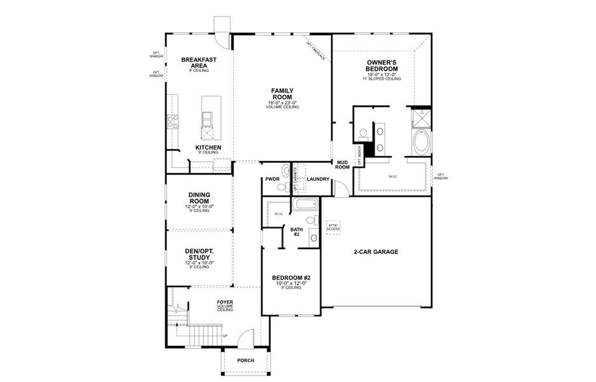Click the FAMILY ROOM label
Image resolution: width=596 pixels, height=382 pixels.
282,94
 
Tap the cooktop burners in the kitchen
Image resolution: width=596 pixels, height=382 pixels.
172,121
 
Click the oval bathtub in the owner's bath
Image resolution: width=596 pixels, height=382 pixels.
421,142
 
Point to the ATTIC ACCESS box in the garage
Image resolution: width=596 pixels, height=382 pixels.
334,227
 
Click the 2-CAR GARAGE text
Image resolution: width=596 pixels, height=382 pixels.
376,252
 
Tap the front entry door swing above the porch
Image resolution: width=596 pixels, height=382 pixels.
248,337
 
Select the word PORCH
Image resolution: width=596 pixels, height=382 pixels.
245,360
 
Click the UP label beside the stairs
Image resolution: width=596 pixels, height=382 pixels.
224,336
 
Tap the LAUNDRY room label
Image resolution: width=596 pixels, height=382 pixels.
318,179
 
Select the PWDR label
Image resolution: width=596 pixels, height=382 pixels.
273,180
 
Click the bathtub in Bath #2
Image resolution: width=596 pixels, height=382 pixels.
304,205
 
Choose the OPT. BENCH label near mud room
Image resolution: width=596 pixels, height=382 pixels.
360,155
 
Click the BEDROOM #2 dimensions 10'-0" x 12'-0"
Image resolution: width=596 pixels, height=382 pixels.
291,283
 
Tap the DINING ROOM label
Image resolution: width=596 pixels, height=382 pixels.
199,198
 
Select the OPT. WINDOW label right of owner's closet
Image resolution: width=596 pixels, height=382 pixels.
441,176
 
